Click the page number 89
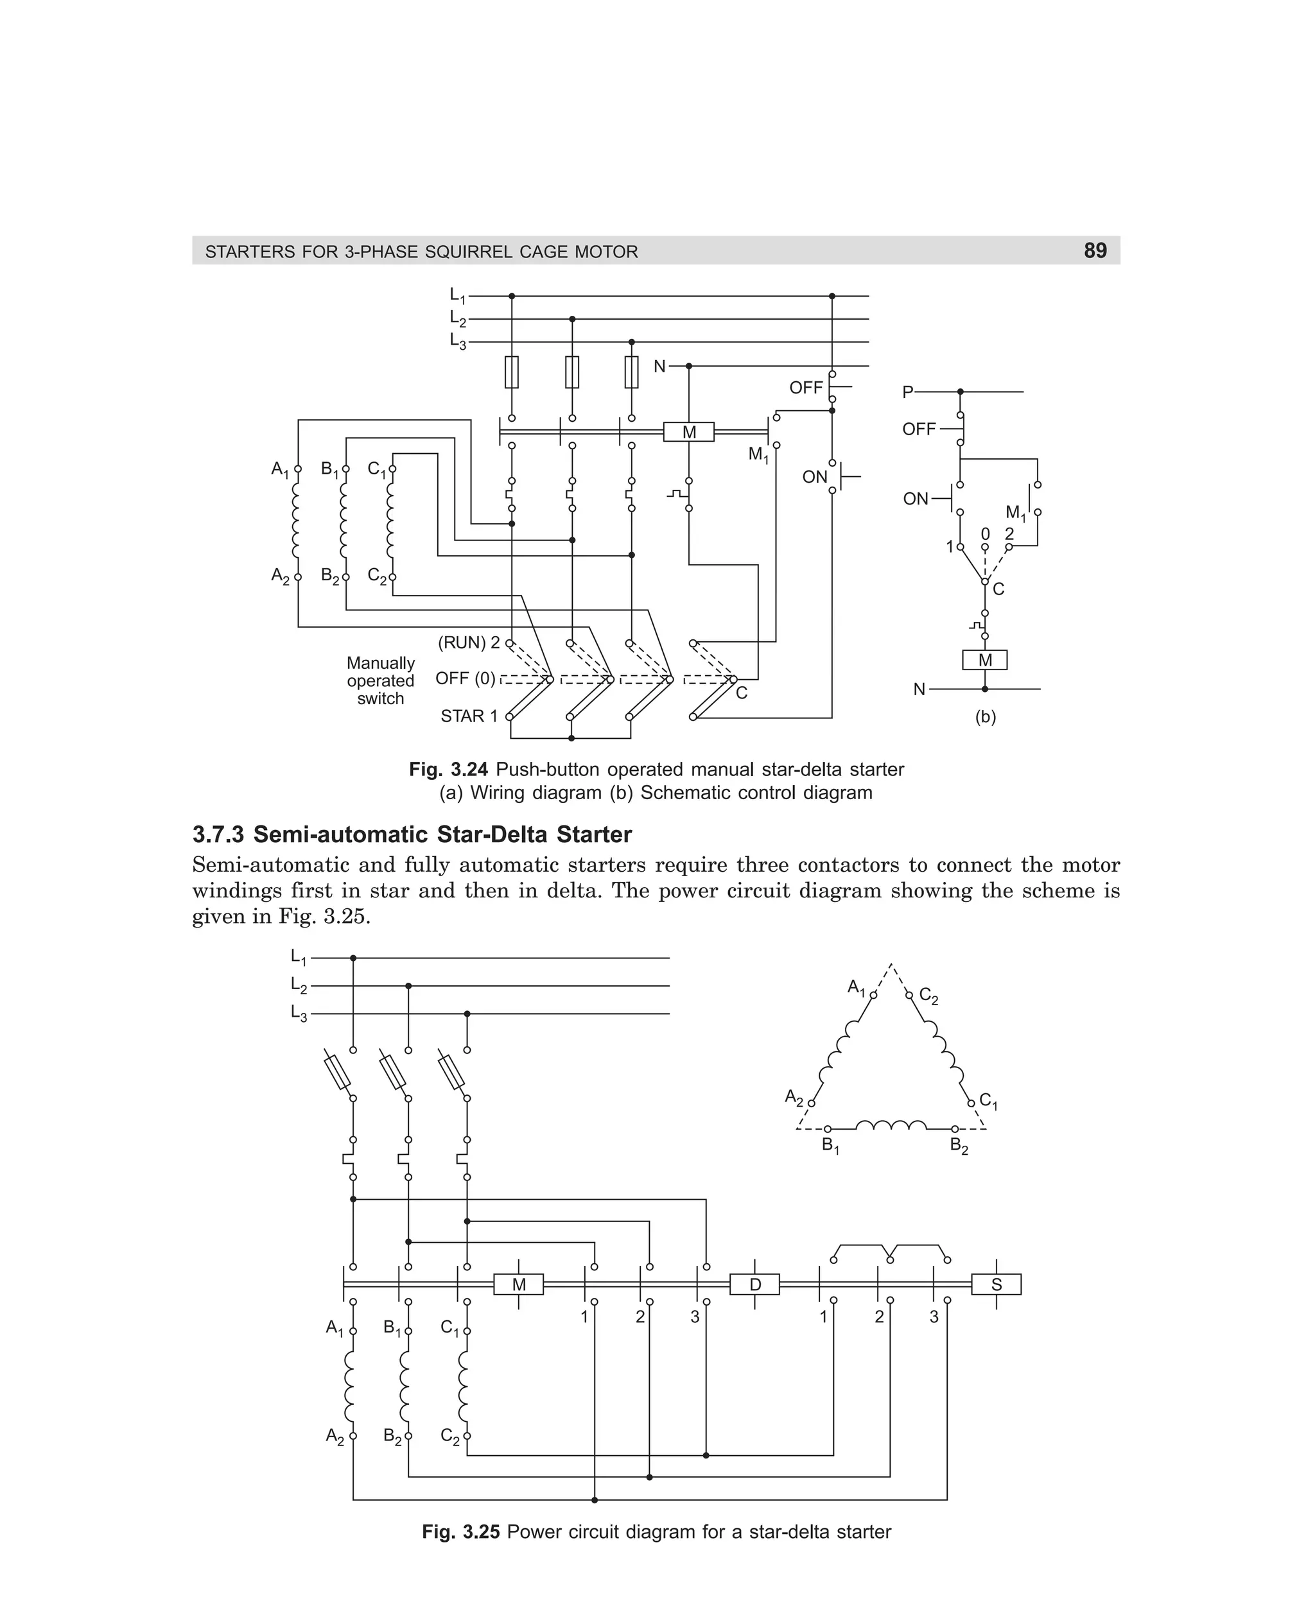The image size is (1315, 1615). (1095, 250)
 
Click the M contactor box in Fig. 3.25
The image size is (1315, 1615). (518, 1284)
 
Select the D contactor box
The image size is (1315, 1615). (754, 1284)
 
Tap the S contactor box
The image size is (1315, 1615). (996, 1284)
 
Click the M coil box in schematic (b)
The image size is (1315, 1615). (985, 661)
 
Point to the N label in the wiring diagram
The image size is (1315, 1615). (659, 367)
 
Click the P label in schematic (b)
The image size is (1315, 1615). (907, 392)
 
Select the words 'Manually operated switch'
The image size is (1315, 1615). (380, 680)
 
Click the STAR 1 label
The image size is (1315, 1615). (469, 716)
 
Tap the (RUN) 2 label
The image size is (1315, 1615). (469, 643)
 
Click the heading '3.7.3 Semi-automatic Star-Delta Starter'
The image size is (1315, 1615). (412, 834)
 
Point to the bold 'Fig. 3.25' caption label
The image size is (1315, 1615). (460, 1532)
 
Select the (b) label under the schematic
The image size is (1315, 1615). (985, 717)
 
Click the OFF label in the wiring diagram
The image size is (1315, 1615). (805, 388)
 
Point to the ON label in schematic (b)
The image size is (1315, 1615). (915, 499)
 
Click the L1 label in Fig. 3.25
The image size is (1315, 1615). (299, 958)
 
